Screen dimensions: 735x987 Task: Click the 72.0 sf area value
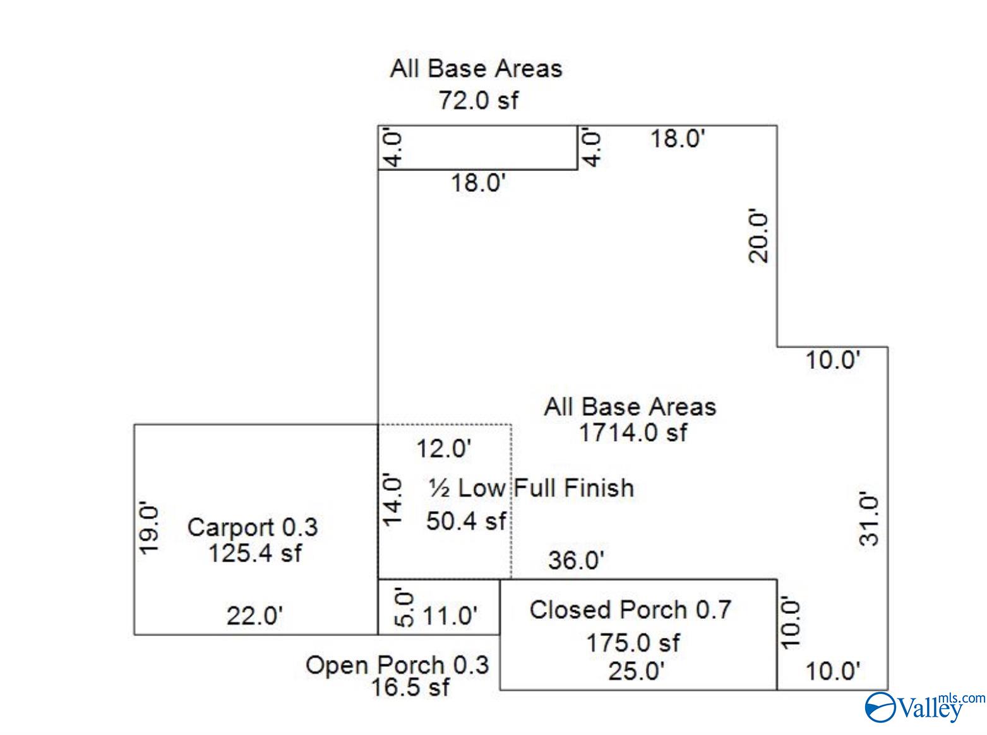point(479,100)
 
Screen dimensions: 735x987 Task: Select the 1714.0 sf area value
point(633,433)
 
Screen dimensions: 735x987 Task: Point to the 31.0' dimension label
point(870,519)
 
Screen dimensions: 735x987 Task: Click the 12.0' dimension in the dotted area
point(444,449)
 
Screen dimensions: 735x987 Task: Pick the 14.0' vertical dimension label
point(392,500)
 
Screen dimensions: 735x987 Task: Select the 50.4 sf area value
point(466,521)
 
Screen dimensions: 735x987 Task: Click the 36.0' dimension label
point(577,560)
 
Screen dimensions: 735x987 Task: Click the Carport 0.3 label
point(253,527)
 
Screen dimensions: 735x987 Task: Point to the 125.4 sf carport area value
point(255,553)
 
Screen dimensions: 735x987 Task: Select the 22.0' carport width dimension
point(254,615)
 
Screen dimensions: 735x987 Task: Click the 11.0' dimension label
point(450,615)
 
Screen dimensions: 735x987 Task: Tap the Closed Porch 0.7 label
point(630,609)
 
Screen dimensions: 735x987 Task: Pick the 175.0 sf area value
point(633,643)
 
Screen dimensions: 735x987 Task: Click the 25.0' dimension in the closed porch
point(636,671)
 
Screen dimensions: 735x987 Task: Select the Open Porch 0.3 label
point(397,665)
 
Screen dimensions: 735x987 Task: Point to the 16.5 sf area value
point(410,687)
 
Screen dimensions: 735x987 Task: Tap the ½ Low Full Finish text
point(531,488)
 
